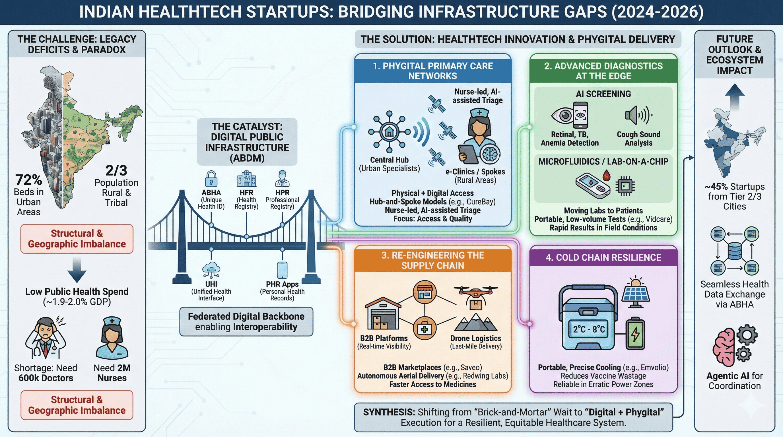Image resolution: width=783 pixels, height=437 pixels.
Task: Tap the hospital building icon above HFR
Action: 246,179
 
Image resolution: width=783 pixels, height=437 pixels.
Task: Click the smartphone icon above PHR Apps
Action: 282,270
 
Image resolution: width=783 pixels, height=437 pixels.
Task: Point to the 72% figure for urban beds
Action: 28,180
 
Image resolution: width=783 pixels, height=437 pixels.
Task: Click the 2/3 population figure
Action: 116,170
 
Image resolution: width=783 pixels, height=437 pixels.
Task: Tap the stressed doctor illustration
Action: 45,337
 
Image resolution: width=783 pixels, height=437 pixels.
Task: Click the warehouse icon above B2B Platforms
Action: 383,313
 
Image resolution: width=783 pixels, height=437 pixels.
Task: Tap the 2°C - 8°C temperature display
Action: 589,329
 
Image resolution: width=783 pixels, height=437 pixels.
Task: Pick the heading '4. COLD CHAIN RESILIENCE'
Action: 603,257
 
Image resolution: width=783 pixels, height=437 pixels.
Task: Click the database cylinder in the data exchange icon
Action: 734,251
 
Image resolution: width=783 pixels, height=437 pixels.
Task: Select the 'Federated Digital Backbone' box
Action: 246,321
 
